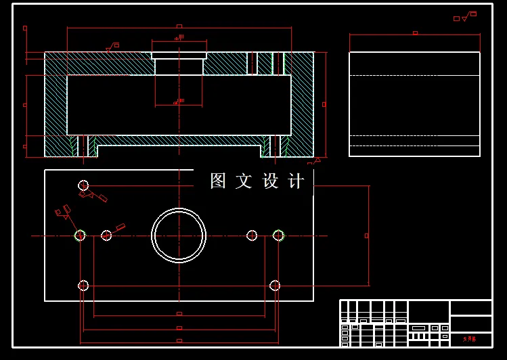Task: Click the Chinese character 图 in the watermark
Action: click(x=218, y=181)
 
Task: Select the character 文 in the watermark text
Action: click(x=244, y=181)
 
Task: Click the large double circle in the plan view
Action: click(x=179, y=235)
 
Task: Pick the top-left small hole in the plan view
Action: click(x=83, y=185)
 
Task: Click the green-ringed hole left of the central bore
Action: click(x=80, y=235)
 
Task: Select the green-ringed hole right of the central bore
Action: click(x=278, y=235)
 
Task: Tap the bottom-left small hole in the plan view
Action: click(x=83, y=286)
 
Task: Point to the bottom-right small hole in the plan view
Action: click(x=275, y=286)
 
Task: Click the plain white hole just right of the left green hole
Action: click(x=106, y=235)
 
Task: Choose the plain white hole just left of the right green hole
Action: click(x=252, y=235)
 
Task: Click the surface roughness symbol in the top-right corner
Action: click(x=466, y=16)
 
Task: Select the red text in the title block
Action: click(x=469, y=338)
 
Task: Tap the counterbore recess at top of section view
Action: click(x=179, y=55)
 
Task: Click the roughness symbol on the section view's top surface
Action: click(x=111, y=47)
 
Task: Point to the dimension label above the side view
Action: click(x=415, y=32)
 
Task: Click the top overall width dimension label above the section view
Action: click(x=179, y=26)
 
